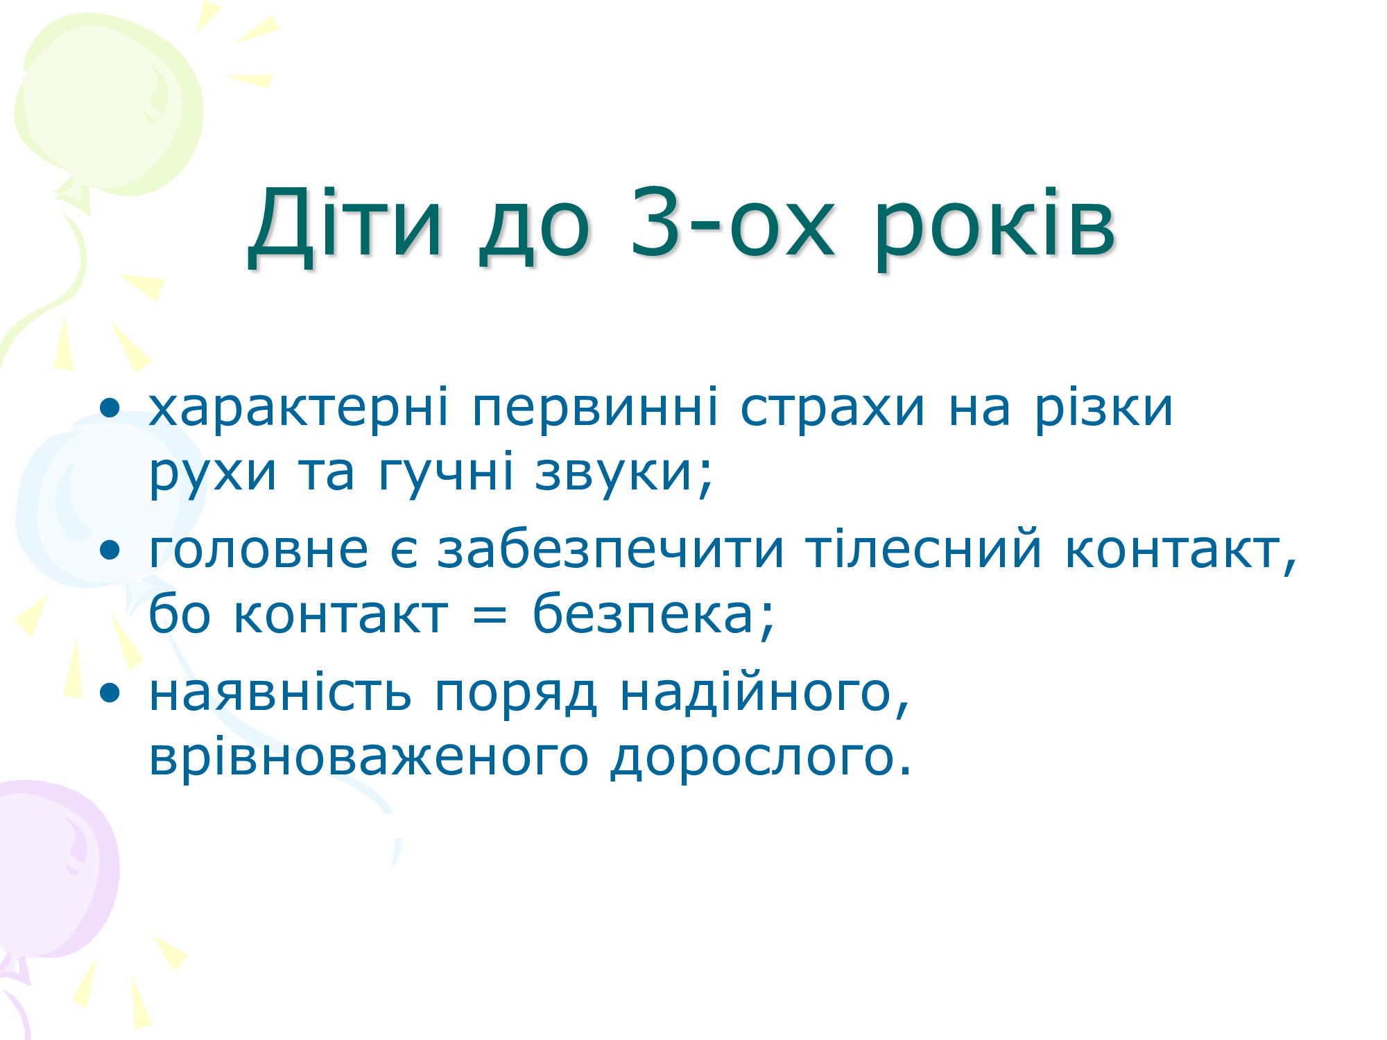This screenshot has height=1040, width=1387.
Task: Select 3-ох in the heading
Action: pos(732,223)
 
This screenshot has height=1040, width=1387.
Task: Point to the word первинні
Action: pos(594,408)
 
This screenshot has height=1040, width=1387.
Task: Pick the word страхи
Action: pos(832,408)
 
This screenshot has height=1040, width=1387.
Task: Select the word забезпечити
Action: pos(610,551)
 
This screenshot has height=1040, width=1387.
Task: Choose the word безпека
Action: pos(653,614)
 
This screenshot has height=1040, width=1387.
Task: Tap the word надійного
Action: pos(764,693)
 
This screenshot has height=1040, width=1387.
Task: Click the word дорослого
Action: pos(760,757)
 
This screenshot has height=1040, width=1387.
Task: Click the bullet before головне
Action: pos(110,551)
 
